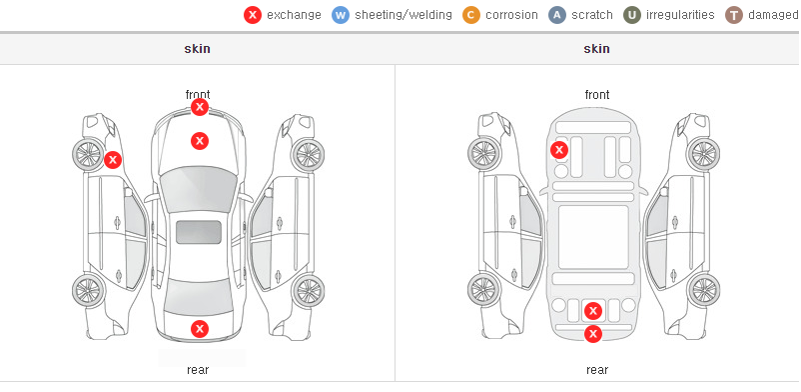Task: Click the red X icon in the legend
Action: coord(253,15)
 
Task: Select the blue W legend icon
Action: coord(341,15)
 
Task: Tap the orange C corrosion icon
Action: coord(471,15)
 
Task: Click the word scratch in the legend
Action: coord(592,15)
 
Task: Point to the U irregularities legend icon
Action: coord(632,15)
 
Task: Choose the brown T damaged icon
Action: coord(733,15)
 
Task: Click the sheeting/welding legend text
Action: coord(403,15)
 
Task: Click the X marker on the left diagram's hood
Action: coord(200,141)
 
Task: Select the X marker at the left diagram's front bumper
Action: coord(200,107)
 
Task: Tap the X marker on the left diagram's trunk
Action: coord(200,329)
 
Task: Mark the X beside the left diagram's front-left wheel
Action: coord(113,160)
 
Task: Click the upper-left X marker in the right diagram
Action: coord(559,150)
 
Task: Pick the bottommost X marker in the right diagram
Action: coord(593,334)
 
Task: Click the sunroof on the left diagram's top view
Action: coord(199,232)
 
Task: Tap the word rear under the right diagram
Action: coord(597,369)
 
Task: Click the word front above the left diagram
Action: coord(198,95)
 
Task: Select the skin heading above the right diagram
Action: coord(596,49)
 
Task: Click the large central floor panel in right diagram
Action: coord(593,237)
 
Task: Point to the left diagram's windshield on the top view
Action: coord(198,189)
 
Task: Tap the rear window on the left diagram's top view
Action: coord(198,297)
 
